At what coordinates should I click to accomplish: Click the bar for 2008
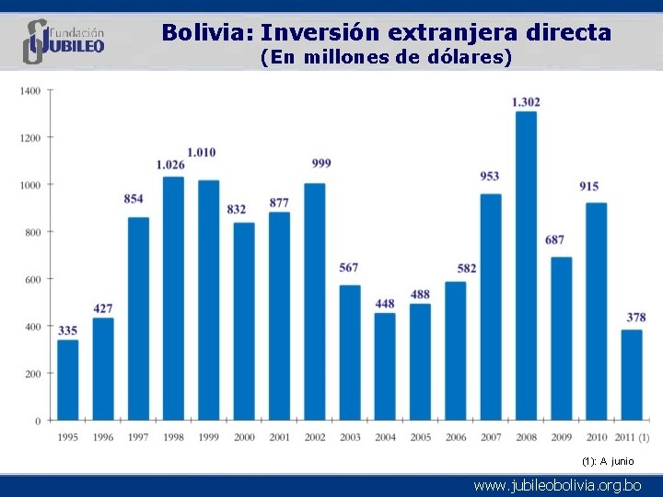pyautogui.click(x=526, y=266)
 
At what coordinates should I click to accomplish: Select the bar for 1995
pyautogui.click(x=67, y=380)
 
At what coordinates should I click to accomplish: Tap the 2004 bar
pyautogui.click(x=385, y=367)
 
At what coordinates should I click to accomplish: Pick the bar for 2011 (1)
pyautogui.click(x=632, y=376)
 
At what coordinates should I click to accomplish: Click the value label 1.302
pyautogui.click(x=526, y=102)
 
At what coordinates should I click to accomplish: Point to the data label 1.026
pyautogui.click(x=170, y=165)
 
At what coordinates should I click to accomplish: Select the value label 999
pyautogui.click(x=321, y=163)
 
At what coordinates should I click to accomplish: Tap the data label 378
pyautogui.click(x=636, y=317)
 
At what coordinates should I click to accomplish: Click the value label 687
pyautogui.click(x=554, y=240)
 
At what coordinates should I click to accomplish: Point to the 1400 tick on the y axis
pyautogui.click(x=30, y=91)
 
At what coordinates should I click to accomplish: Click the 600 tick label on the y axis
pyautogui.click(x=32, y=280)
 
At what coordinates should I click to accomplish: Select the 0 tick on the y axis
pyautogui.click(x=38, y=421)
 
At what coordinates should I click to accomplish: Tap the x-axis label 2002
pyautogui.click(x=315, y=437)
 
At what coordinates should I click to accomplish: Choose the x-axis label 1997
pyautogui.click(x=138, y=437)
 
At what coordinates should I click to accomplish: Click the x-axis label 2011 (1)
pyautogui.click(x=632, y=437)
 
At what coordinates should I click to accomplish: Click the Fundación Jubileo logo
pyautogui.click(x=64, y=41)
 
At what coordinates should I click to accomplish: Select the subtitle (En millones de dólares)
pyautogui.click(x=386, y=57)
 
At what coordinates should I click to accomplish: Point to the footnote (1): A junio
pyautogui.click(x=608, y=461)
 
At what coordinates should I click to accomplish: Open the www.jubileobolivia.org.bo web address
pyautogui.click(x=557, y=486)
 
